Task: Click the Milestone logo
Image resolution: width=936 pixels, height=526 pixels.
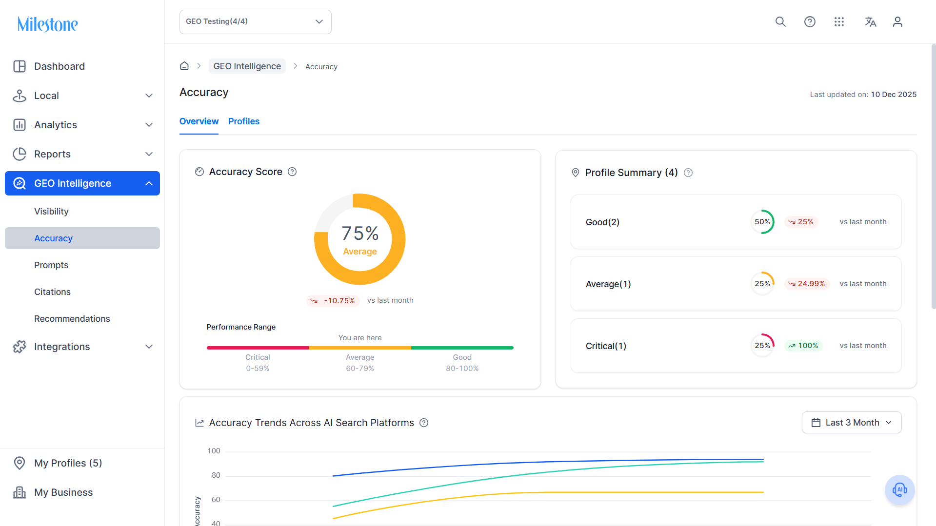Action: [47, 24]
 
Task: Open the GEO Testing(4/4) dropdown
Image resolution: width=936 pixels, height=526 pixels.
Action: [255, 22]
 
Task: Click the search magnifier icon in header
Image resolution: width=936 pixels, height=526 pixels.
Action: [780, 22]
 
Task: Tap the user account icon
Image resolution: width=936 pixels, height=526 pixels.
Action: [897, 22]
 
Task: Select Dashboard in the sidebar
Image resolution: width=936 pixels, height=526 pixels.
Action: [59, 66]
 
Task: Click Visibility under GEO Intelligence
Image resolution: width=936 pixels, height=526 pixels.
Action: [51, 212]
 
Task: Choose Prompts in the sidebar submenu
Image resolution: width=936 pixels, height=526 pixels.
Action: [51, 265]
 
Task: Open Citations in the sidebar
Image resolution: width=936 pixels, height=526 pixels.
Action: [52, 292]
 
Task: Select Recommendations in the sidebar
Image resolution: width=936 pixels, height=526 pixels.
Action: [72, 319]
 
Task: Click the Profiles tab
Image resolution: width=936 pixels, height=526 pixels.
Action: [244, 121]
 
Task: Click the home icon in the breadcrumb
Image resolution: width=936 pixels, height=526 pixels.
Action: [184, 66]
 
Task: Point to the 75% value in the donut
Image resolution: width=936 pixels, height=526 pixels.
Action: [360, 234]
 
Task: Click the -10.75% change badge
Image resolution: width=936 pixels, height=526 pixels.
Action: [333, 301]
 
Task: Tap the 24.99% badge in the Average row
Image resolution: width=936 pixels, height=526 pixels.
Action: [807, 284]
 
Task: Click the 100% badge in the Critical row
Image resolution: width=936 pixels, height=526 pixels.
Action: [803, 346]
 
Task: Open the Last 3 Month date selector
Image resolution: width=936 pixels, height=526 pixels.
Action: [852, 423]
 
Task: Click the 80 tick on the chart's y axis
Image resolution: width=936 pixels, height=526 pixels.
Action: [216, 475]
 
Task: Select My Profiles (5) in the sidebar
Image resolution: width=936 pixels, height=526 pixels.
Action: [68, 463]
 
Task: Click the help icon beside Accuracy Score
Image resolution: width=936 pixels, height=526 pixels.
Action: [292, 172]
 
